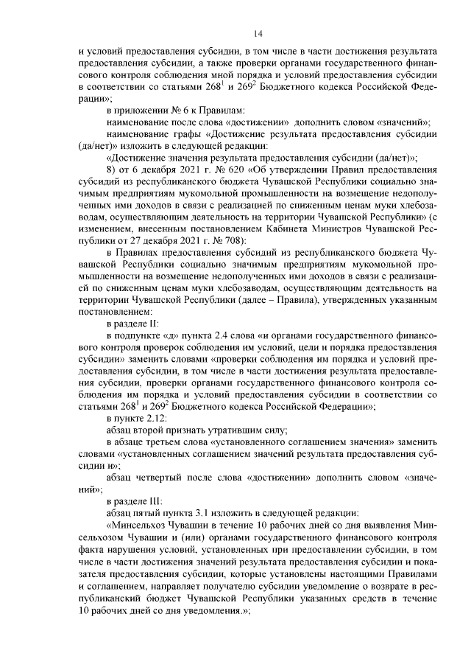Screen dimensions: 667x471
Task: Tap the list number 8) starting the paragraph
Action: tap(111, 169)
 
